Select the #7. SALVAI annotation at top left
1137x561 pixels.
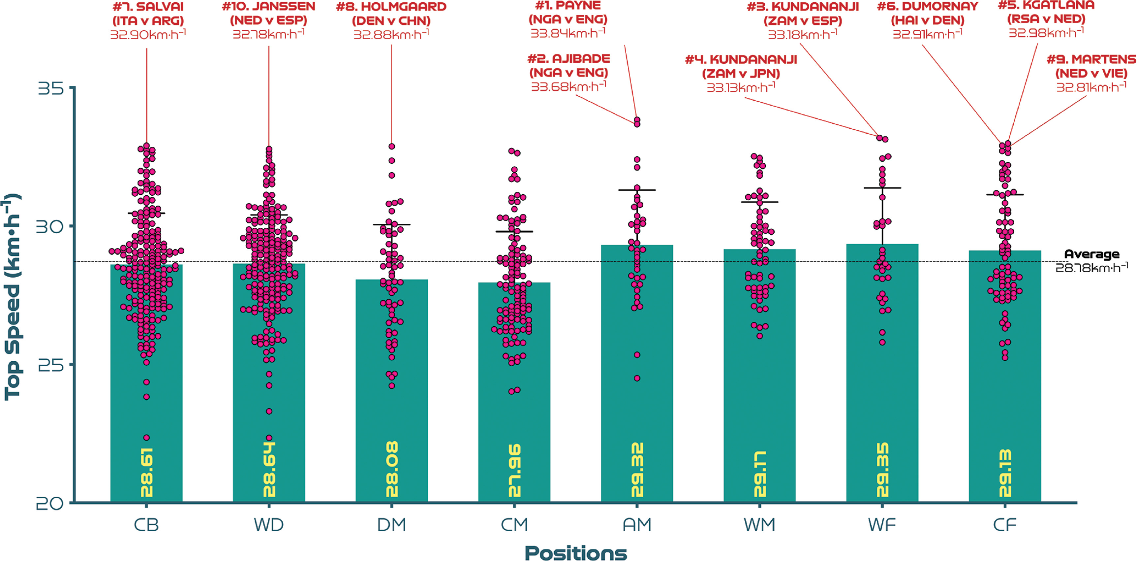(x=148, y=7)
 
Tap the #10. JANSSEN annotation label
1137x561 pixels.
(x=268, y=7)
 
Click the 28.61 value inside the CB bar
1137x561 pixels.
(x=146, y=473)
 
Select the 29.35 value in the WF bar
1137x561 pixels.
(x=882, y=470)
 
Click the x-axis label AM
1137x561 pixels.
(x=637, y=525)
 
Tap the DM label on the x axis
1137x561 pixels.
(x=391, y=525)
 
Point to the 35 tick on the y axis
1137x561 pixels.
(x=50, y=89)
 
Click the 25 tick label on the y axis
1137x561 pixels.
(x=50, y=365)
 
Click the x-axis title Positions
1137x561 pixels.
(x=575, y=553)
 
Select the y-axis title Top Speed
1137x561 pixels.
(x=12, y=297)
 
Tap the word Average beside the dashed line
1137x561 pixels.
(x=1091, y=254)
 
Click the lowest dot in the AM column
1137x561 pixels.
(x=637, y=378)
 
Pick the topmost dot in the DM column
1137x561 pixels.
(x=391, y=146)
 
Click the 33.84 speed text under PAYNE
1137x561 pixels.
(x=568, y=33)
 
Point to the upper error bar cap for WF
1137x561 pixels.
(x=882, y=188)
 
